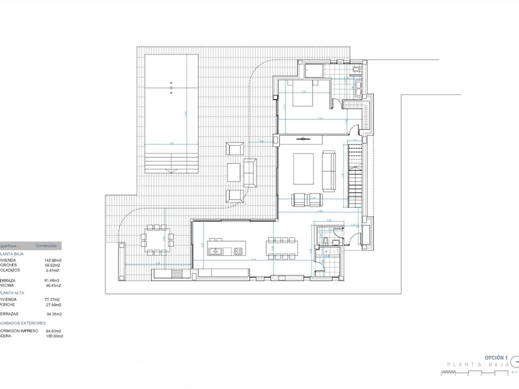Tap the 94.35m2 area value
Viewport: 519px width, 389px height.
point(54,314)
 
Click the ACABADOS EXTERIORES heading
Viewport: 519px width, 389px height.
point(22,323)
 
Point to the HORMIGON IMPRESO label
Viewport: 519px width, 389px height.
point(19,331)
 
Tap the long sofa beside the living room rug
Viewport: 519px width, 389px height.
point(329,171)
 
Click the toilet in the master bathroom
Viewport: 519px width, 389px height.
point(356,69)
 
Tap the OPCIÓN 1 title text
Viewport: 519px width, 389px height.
point(496,358)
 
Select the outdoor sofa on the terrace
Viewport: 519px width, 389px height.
point(250,172)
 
